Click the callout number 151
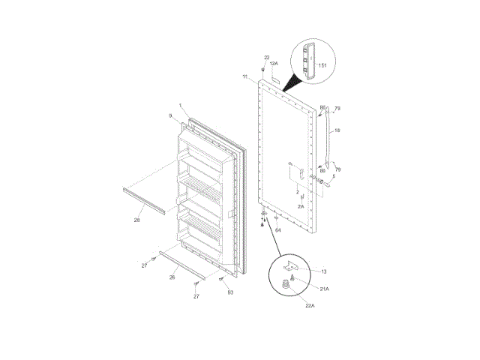[x=322, y=66]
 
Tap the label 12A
[x=274, y=64]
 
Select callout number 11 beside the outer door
[x=245, y=77]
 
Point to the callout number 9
[x=169, y=115]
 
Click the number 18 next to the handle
[x=337, y=131]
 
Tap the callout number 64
[x=277, y=229]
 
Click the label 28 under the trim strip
[x=137, y=220]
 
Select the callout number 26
[x=172, y=277]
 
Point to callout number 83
[x=230, y=292]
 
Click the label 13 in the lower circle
[x=323, y=271]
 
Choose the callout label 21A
[x=324, y=289]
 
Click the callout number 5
[x=334, y=177]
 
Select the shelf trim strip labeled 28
[x=142, y=200]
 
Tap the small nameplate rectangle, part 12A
[x=276, y=76]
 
